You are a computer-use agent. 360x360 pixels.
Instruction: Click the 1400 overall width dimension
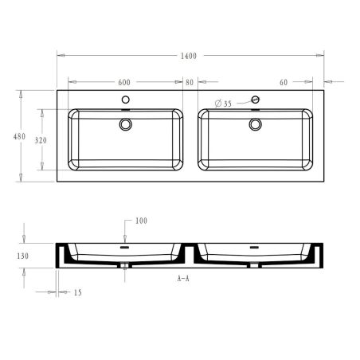point(189,56)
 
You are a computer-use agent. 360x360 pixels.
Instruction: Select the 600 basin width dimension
point(125,82)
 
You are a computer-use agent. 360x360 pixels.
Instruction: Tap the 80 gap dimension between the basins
point(189,82)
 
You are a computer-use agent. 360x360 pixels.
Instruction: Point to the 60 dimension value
point(283,82)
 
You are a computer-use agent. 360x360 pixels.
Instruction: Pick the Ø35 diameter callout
point(224,104)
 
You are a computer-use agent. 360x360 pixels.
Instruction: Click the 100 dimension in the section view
point(141,221)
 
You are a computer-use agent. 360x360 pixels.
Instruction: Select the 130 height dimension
point(22,256)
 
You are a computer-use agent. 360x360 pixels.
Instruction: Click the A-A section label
point(183,280)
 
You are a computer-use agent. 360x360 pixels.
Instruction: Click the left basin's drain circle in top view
point(125,124)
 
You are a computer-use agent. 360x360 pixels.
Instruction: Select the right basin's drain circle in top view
point(255,124)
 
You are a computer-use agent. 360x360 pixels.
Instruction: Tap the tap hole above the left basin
point(125,100)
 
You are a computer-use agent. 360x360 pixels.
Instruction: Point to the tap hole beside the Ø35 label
point(255,100)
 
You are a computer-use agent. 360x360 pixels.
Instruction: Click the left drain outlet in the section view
point(125,265)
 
